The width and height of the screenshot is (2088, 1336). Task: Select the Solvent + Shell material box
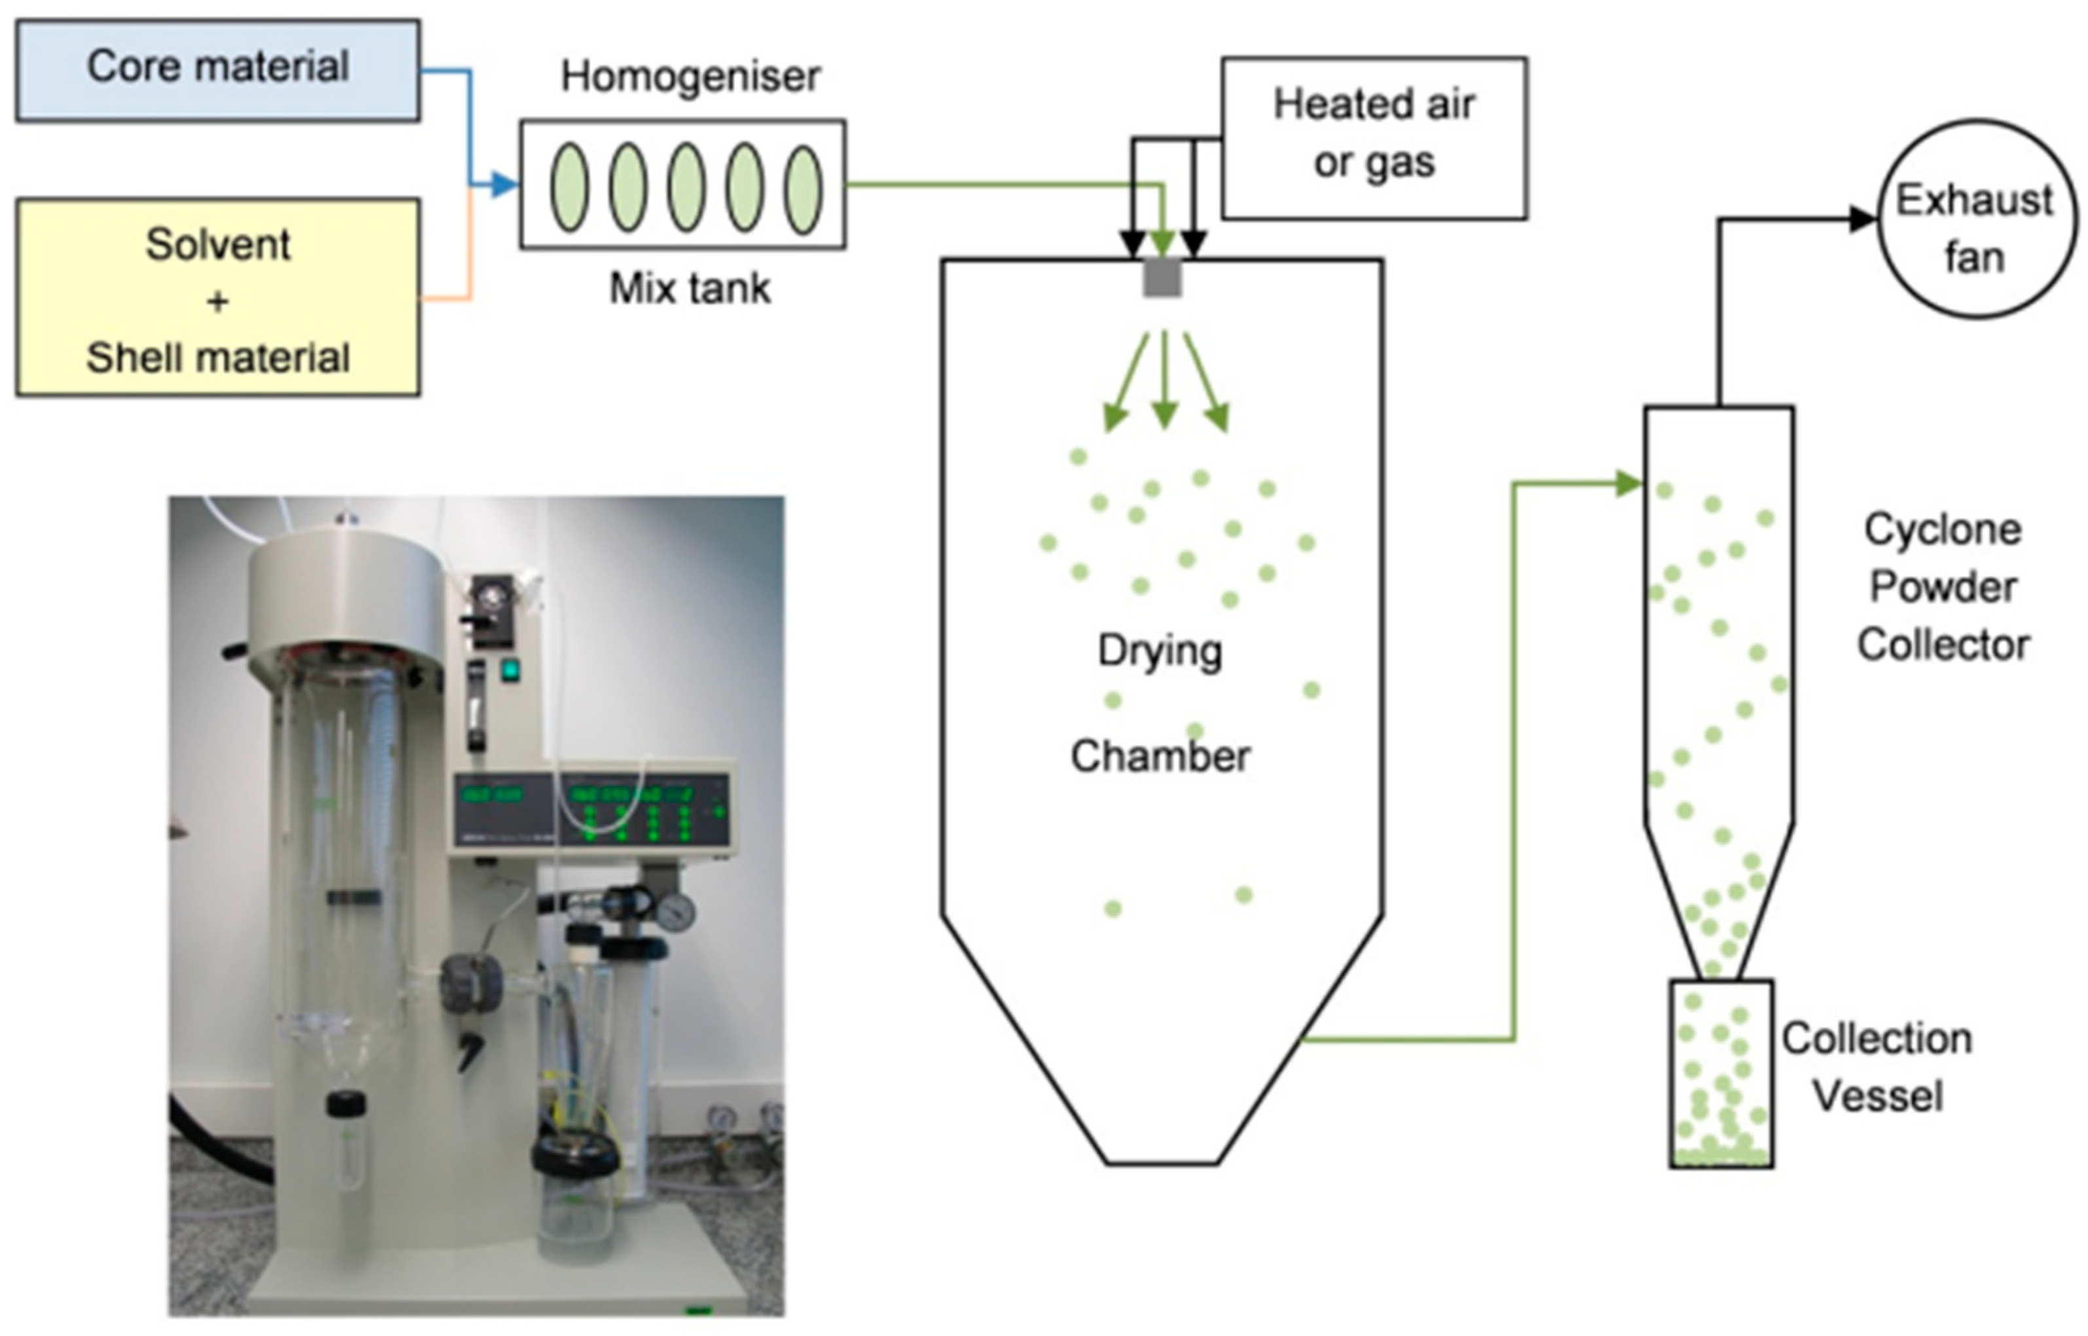click(218, 298)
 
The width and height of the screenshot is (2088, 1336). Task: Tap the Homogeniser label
click(690, 77)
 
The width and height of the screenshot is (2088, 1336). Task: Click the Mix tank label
click(690, 288)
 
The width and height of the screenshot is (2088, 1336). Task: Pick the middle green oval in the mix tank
click(686, 187)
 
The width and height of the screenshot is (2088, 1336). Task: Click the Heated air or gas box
click(1374, 137)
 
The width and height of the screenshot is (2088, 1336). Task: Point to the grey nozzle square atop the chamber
click(1162, 278)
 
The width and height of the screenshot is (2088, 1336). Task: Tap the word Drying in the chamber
click(1160, 651)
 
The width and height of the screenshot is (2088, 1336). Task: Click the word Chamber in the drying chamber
click(1160, 757)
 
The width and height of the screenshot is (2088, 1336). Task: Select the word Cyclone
click(1942, 529)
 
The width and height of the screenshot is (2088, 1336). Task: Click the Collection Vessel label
click(1877, 1067)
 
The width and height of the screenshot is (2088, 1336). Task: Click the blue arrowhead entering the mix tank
click(504, 185)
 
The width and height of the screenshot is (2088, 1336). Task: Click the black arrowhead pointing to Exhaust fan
click(1862, 219)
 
